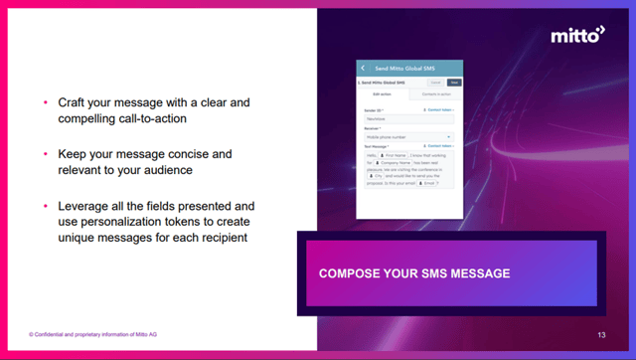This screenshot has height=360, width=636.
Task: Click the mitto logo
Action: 577,36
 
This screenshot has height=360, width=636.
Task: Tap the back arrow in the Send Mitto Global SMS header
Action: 363,68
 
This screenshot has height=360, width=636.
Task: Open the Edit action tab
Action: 383,94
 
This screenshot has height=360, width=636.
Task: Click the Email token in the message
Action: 429,183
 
